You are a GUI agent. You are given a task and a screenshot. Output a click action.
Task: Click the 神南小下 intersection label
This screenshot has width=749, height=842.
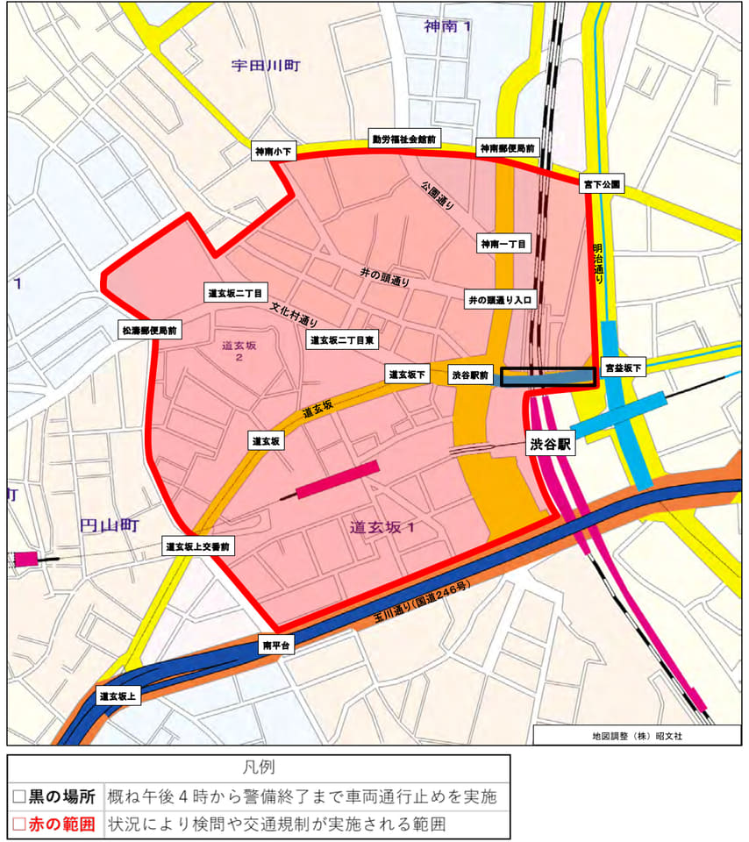pos(275,152)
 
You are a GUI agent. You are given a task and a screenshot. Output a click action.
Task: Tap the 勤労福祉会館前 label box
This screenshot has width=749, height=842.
pos(404,139)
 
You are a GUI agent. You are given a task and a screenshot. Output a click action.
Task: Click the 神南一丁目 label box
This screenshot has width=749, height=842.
pos(503,244)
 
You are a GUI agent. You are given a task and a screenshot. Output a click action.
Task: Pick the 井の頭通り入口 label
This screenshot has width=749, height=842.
pos(500,300)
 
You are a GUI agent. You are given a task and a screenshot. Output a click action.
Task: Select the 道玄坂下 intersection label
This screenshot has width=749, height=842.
pos(408,375)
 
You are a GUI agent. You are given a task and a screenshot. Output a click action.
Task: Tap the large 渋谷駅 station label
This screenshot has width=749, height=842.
pos(550,445)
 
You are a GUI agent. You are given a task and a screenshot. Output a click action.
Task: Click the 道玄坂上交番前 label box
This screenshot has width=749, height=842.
pos(197,546)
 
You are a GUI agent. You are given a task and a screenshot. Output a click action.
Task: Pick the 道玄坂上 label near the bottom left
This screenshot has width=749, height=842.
pos(118,696)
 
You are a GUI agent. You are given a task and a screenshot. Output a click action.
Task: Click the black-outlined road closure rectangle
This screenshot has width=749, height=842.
pos(547,376)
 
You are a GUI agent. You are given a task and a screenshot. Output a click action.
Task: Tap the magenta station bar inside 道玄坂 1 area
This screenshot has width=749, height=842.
pos(338,480)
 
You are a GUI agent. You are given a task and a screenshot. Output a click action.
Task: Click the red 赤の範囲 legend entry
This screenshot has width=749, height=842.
pos(56,824)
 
